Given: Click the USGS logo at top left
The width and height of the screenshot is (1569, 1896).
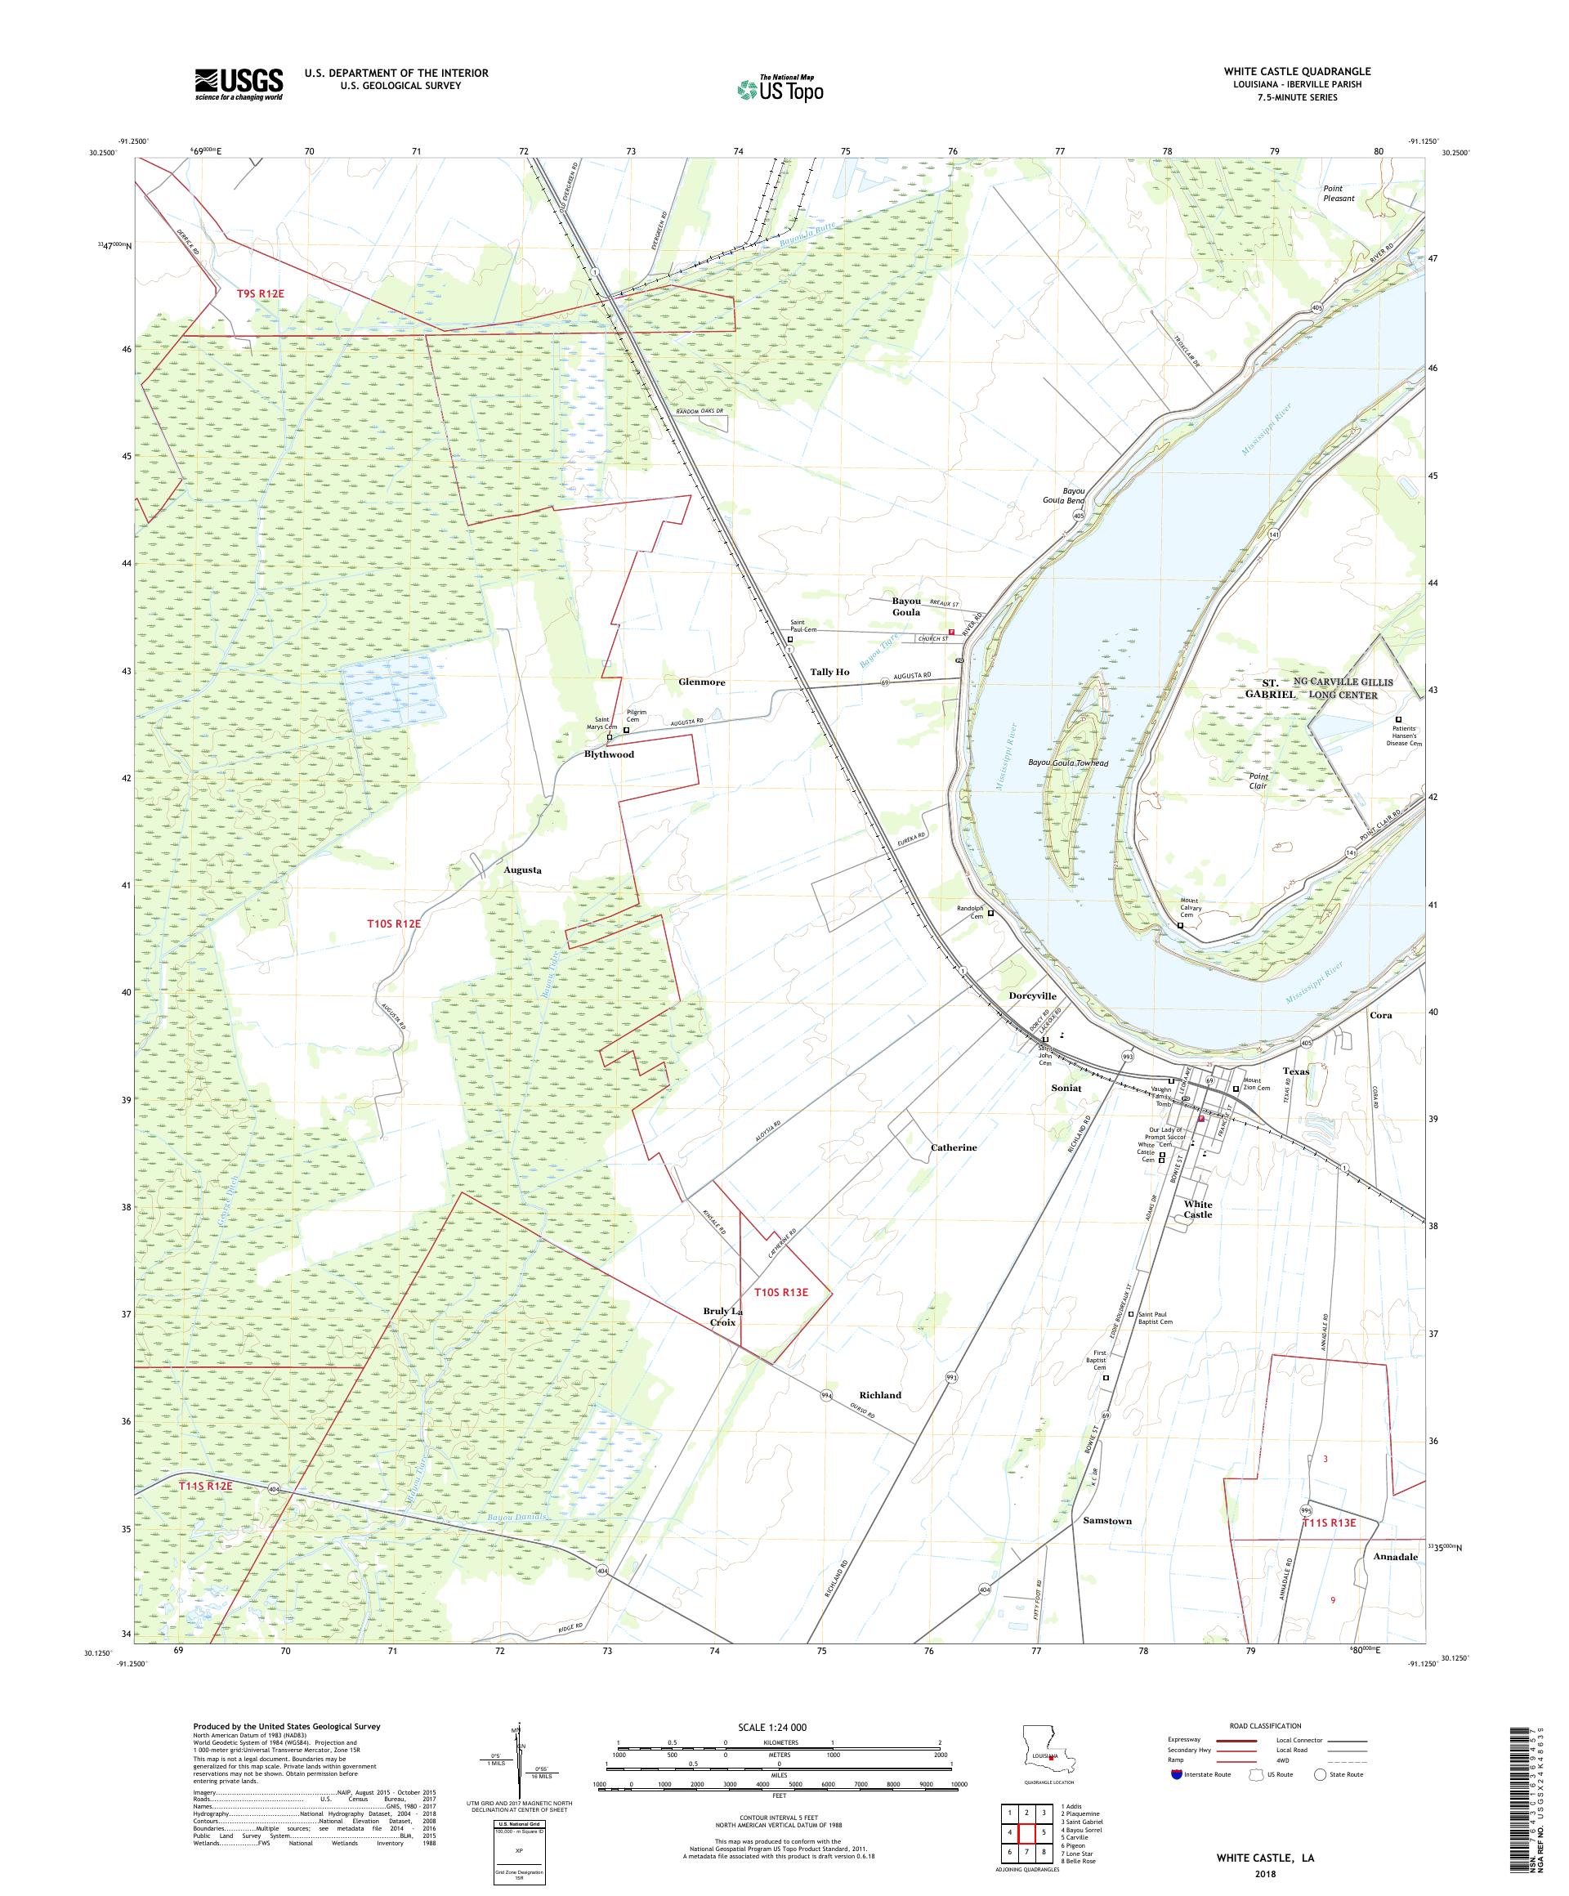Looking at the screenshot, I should click(239, 84).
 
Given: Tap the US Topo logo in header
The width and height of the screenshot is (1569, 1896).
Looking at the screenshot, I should click(780, 88).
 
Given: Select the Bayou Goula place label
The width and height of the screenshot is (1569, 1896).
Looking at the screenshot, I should click(905, 606).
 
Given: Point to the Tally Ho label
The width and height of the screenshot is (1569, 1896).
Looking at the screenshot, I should click(829, 672).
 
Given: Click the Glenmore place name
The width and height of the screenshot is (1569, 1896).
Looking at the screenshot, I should click(701, 682).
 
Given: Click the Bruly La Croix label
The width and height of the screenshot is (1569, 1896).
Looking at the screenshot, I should click(723, 1317).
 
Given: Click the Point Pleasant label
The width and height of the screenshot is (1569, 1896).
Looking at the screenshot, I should click(1338, 193).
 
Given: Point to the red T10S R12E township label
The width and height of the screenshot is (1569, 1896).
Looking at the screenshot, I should click(394, 923).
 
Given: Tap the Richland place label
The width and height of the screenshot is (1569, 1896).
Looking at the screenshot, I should click(879, 1395).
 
